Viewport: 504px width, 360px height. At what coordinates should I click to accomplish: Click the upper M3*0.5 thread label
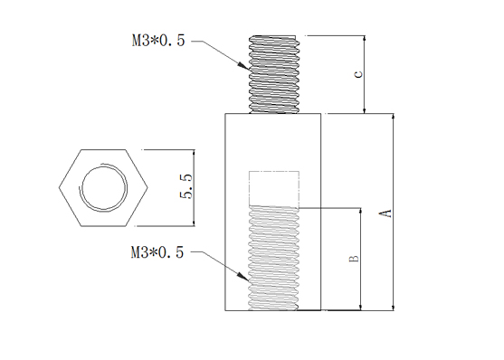[x=158, y=41]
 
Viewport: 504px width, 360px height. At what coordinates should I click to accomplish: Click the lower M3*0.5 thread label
[x=157, y=252]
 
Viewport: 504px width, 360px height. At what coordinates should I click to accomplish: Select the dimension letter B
[x=354, y=258]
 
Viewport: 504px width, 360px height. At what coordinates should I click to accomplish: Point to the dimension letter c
[x=357, y=74]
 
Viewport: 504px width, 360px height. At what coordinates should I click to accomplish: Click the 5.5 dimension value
[x=185, y=186]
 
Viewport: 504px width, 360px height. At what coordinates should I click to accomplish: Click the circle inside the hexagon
[x=104, y=188]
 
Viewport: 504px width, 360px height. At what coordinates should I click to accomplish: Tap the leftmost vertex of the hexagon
[x=59, y=188]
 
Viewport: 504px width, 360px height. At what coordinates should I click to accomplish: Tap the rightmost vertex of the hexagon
[x=147, y=188]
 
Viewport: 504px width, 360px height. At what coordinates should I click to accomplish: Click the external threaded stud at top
[x=274, y=74]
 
